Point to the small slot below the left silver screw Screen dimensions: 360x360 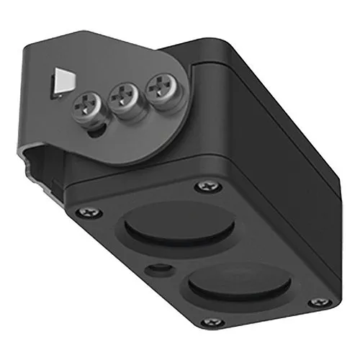[91, 132]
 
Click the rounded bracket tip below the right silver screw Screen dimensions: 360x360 [170, 144]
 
